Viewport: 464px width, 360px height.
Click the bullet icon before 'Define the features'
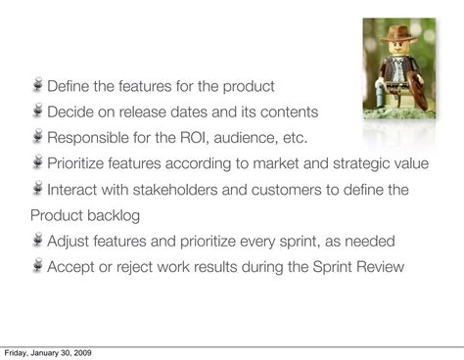pyautogui.click(x=37, y=86)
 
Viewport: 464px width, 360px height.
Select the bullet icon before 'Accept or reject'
pyautogui.click(x=37, y=266)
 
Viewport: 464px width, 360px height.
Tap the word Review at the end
pyautogui.click(x=380, y=267)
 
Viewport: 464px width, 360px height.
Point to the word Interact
pyautogui.click(x=74, y=190)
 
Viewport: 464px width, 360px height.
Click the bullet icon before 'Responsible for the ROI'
pyautogui.click(x=37, y=137)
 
